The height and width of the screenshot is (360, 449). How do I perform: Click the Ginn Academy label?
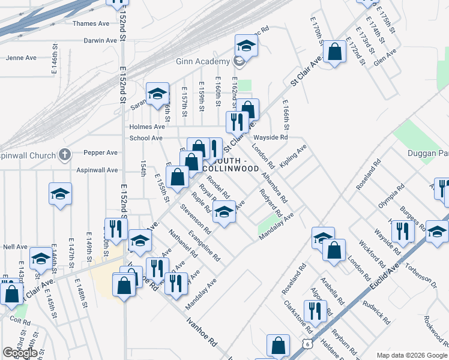point(202,61)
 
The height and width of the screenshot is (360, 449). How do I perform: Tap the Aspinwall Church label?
point(28,153)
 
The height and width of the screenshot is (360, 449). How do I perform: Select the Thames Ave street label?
point(91,23)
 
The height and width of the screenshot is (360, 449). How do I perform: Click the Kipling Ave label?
point(294,155)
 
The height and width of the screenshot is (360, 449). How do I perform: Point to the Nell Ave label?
point(16,247)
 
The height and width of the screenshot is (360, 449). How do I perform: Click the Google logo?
point(20,353)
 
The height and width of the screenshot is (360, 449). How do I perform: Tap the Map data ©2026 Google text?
point(411,355)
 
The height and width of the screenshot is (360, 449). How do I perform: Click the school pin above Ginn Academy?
point(246,45)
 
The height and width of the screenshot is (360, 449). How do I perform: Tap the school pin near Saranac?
point(157,94)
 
